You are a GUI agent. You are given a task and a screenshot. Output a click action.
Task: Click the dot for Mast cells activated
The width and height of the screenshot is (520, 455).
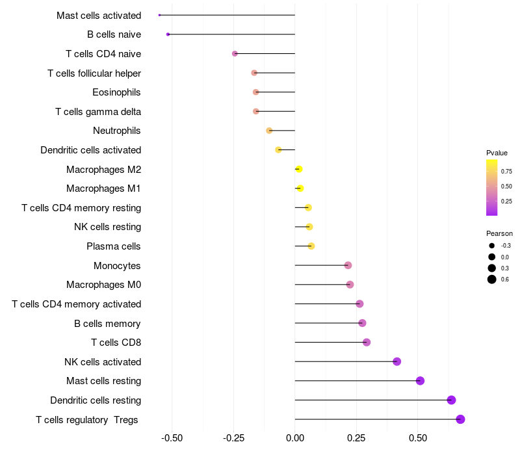pyautogui.click(x=159, y=15)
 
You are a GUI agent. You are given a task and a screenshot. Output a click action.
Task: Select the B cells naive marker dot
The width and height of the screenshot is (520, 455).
pyautogui.click(x=168, y=34)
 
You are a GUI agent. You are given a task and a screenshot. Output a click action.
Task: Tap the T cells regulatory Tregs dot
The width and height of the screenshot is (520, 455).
pyautogui.click(x=460, y=419)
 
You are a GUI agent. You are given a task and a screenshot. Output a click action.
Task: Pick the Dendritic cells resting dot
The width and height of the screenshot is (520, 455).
pyautogui.click(x=451, y=400)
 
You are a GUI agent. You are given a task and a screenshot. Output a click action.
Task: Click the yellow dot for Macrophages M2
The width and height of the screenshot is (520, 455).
pyautogui.click(x=298, y=169)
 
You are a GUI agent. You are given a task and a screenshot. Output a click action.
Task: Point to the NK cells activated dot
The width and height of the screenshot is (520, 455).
pyautogui.click(x=396, y=361)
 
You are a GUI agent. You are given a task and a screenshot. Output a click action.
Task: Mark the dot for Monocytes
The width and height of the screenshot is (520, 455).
pyautogui.click(x=348, y=265)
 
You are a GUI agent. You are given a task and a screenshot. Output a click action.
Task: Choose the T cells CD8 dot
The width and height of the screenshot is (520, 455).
pyautogui.click(x=366, y=342)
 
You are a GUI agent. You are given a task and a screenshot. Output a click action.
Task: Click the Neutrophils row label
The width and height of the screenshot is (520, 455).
pyautogui.click(x=116, y=131)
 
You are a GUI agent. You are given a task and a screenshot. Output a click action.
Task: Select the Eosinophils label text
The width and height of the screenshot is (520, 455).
pyautogui.click(x=116, y=92)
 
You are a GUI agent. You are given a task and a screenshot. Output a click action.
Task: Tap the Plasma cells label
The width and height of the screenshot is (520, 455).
pyautogui.click(x=113, y=246)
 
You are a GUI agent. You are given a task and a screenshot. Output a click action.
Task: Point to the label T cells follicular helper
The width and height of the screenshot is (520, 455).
pyautogui.click(x=94, y=73)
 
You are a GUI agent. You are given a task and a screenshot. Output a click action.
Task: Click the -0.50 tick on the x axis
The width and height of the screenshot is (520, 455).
pyautogui.click(x=172, y=438)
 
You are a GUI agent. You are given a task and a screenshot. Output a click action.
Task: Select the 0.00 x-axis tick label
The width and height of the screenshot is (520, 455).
pyautogui.click(x=294, y=438)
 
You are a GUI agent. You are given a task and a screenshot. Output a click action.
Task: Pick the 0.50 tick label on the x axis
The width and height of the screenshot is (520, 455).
pyautogui.click(x=417, y=438)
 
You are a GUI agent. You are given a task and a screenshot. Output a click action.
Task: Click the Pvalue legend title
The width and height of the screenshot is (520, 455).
pyautogui.click(x=497, y=153)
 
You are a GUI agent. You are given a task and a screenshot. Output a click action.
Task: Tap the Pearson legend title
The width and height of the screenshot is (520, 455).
pyautogui.click(x=499, y=233)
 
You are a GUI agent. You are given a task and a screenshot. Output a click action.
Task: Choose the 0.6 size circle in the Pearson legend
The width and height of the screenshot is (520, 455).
pyautogui.click(x=492, y=279)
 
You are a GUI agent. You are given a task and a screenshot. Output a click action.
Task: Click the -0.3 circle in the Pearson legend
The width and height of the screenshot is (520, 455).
pyautogui.click(x=492, y=246)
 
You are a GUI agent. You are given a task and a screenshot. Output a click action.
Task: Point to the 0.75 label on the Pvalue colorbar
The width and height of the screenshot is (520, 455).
pyautogui.click(x=506, y=172)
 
